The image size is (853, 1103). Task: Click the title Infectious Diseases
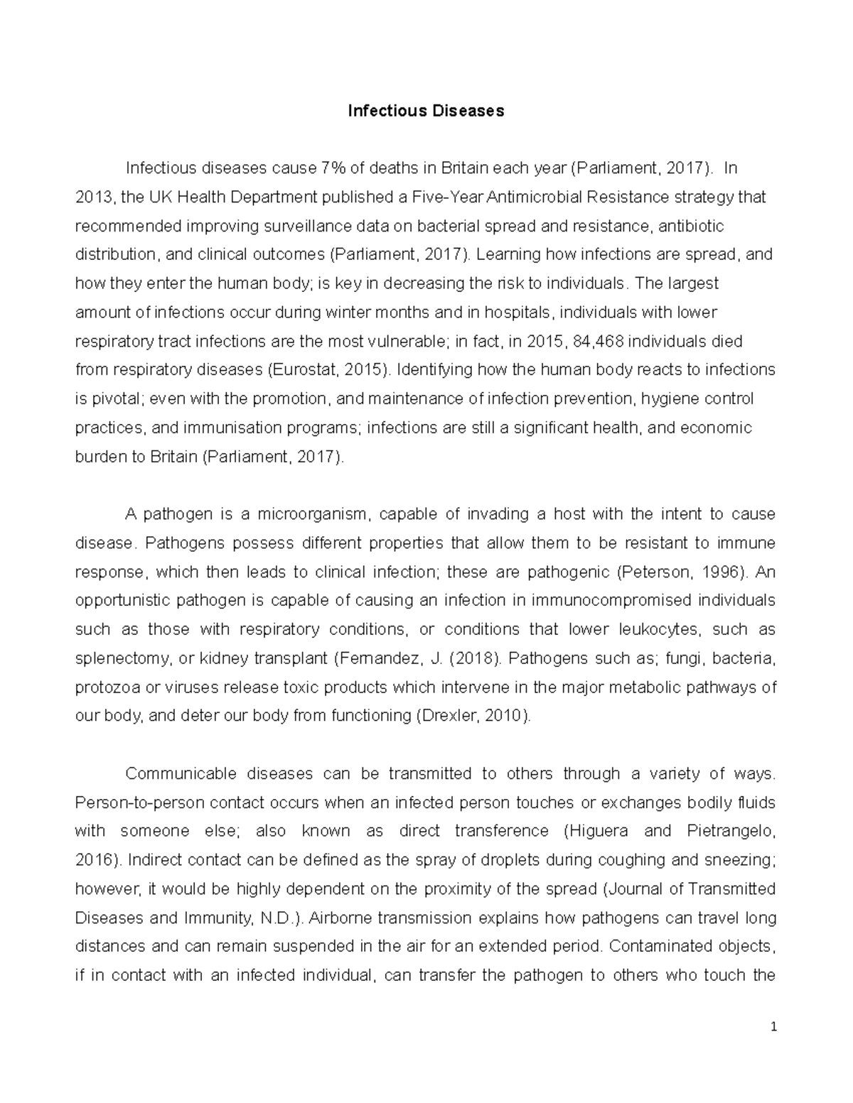click(x=426, y=111)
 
